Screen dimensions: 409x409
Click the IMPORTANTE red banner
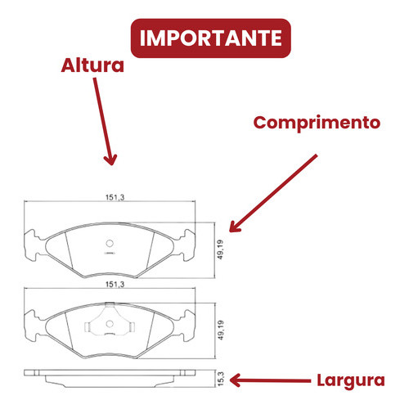tap(211, 38)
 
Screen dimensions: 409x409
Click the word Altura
tap(92, 65)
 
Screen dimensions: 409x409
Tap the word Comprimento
tap(317, 123)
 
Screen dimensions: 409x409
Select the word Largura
tap(351, 380)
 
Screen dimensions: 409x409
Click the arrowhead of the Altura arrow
tap(110, 160)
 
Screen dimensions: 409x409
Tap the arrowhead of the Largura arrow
tap(235, 380)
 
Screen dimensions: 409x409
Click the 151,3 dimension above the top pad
tap(115, 197)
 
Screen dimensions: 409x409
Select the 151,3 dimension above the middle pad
tap(115, 284)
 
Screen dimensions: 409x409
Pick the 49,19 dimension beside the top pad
tap(220, 249)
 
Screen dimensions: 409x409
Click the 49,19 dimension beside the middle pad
tap(220, 330)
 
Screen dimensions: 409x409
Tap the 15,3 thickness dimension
tap(221, 379)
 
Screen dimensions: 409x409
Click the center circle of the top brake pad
tap(110, 243)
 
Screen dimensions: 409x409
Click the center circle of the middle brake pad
tap(110, 324)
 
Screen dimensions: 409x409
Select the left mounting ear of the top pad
tap(32, 245)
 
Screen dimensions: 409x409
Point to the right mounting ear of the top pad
tap(187, 245)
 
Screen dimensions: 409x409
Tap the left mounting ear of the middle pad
tap(32, 326)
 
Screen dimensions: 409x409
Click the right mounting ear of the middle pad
tap(187, 326)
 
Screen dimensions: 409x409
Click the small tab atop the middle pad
tap(110, 303)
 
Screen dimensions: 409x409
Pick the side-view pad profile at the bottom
tap(110, 379)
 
